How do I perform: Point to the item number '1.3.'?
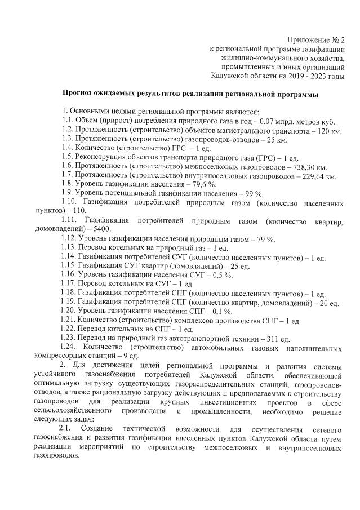pyautogui.click(x=69, y=140)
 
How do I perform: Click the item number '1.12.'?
pyautogui.click(x=71, y=239)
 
